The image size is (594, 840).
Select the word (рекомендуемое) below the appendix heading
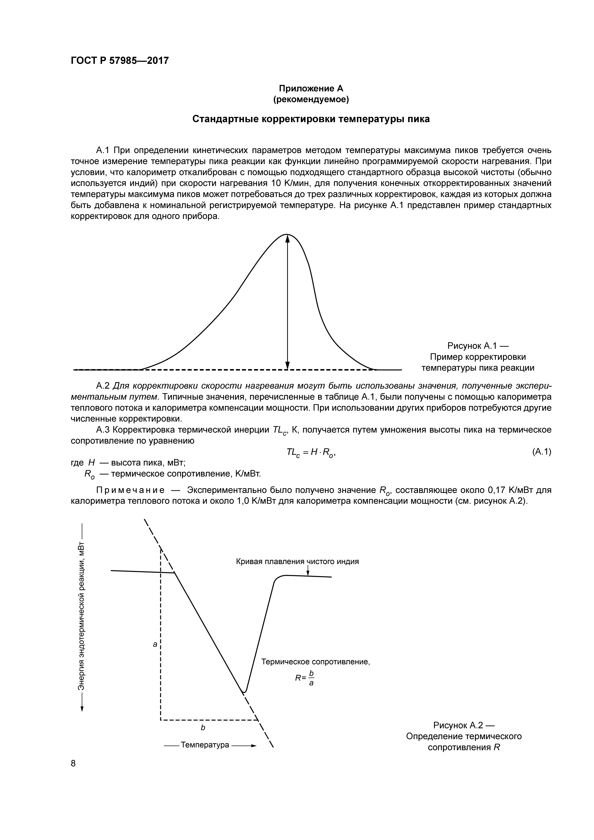tap(311, 99)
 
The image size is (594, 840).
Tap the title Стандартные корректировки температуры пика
tap(311, 119)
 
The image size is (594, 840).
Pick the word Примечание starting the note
tap(130, 490)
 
